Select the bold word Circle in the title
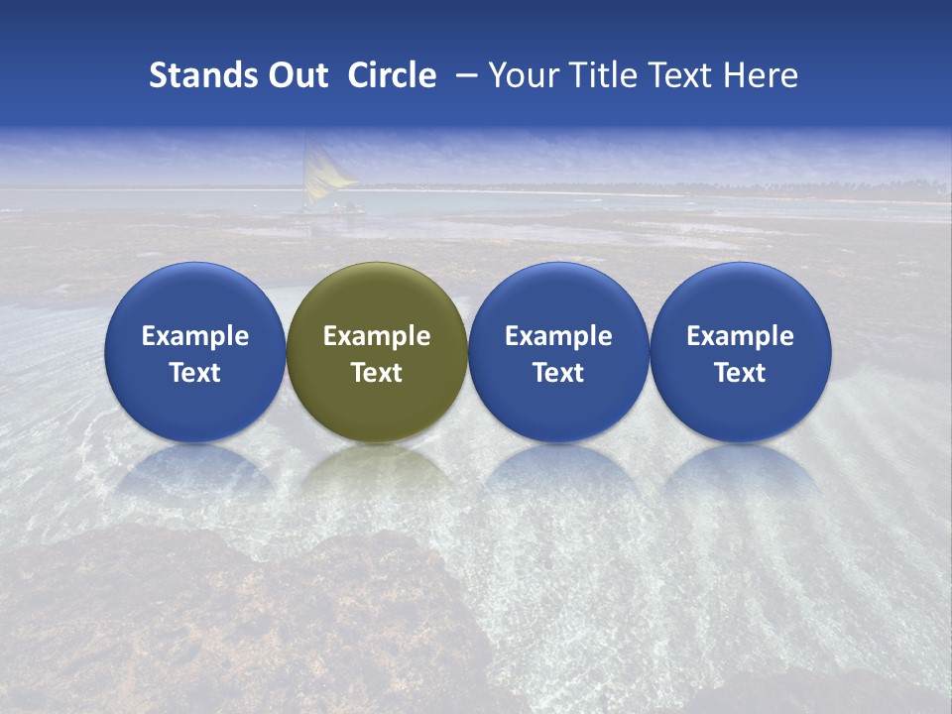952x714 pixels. [392, 75]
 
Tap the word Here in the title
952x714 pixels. [761, 75]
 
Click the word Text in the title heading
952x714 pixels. [679, 75]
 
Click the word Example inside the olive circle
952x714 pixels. [377, 336]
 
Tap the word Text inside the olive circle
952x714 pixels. [377, 373]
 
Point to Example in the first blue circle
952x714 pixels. [194, 336]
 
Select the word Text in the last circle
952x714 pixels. [740, 373]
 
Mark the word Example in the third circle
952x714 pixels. [558, 336]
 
